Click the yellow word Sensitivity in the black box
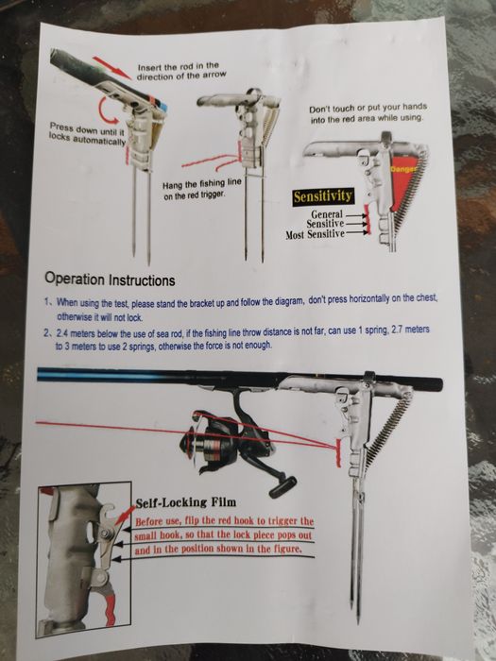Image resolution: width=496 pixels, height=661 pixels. pyautogui.click(x=323, y=196)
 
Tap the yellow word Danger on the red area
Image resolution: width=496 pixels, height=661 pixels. pyautogui.click(x=402, y=169)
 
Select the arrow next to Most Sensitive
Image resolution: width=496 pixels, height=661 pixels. pyautogui.click(x=357, y=232)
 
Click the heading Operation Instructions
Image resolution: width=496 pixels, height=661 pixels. pyautogui.click(x=110, y=280)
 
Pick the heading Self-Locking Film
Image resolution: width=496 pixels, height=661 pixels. pyautogui.click(x=185, y=502)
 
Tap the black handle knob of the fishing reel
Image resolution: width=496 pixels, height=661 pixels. pyautogui.click(x=282, y=488)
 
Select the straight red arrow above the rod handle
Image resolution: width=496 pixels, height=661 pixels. pyautogui.click(x=111, y=68)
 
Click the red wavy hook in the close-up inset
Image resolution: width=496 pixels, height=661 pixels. pyautogui.click(x=110, y=610)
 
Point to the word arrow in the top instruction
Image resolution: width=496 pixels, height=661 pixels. pyautogui.click(x=214, y=75)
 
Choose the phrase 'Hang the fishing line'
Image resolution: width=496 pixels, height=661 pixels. pyautogui.click(x=202, y=184)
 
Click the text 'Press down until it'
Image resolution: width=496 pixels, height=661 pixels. pyautogui.click(x=84, y=128)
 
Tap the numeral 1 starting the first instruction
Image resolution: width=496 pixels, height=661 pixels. pyautogui.click(x=48, y=302)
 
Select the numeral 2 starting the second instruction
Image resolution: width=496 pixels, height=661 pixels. pyautogui.click(x=46, y=332)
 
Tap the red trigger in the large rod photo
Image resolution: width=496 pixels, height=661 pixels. pyautogui.click(x=338, y=452)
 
